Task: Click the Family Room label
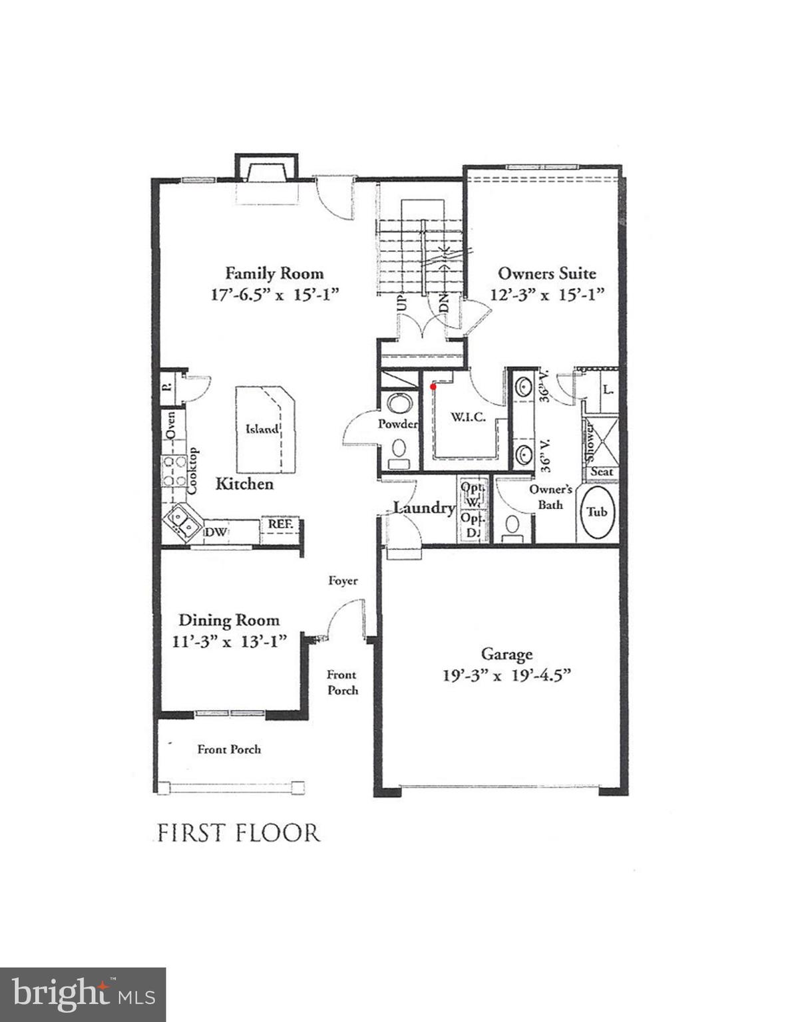click(274, 273)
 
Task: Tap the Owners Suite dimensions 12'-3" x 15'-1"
click(547, 294)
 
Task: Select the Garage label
click(506, 655)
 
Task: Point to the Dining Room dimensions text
click(229, 641)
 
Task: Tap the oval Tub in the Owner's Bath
click(597, 512)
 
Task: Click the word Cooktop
click(192, 470)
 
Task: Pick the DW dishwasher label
click(216, 532)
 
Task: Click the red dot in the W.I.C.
click(433, 386)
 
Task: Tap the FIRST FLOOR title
click(238, 833)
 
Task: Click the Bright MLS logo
click(83, 995)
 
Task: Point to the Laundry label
click(424, 508)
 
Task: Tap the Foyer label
click(343, 581)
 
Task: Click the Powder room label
click(397, 424)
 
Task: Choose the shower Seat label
click(602, 472)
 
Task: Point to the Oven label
click(170, 425)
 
